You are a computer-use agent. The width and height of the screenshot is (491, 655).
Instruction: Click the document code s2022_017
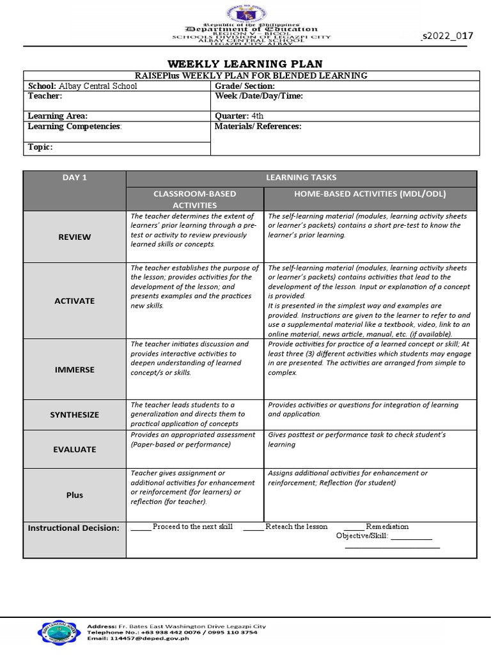point(448,35)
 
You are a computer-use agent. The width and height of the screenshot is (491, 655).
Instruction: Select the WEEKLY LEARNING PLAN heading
point(245,63)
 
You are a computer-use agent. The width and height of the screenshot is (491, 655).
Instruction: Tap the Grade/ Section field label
point(245,86)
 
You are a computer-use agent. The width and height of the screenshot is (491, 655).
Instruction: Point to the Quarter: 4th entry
point(239,116)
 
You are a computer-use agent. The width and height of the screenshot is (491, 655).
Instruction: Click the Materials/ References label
point(258,126)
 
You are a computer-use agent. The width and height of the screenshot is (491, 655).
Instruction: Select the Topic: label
point(40,147)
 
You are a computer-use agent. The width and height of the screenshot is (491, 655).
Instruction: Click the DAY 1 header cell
point(75,177)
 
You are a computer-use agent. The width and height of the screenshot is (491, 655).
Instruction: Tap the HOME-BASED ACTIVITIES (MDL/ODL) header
point(370,193)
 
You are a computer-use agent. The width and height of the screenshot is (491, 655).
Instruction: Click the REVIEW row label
point(75,237)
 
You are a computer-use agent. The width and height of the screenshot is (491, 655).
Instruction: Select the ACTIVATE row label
point(75,301)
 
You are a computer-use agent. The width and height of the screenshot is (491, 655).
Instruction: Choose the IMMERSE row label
point(75,370)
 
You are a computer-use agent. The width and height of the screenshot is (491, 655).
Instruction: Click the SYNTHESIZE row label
point(75,414)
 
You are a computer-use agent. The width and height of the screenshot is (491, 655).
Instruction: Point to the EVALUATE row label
point(75,449)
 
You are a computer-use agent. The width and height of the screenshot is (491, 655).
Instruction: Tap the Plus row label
point(75,495)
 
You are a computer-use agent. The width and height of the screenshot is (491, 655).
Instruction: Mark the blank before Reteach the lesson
point(253,528)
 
